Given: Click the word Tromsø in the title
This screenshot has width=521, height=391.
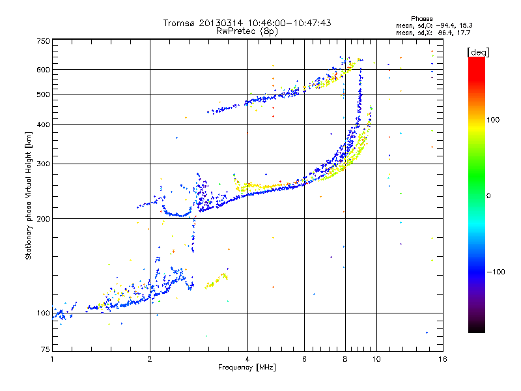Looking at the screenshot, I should (178, 23).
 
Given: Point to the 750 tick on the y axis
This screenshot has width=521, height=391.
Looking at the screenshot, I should (43, 41).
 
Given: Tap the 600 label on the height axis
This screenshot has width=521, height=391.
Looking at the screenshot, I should (43, 69).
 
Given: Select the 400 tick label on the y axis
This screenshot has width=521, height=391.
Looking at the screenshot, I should (43, 124).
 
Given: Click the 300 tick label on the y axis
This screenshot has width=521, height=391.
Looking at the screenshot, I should (43, 164).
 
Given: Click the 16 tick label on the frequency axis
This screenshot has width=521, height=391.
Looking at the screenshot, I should (442, 359).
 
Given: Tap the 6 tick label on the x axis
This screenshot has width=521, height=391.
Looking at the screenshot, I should (305, 359).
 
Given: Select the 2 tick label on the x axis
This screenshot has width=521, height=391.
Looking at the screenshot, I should (150, 359).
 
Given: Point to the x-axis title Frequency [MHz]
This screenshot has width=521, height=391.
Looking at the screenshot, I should (247, 368).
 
